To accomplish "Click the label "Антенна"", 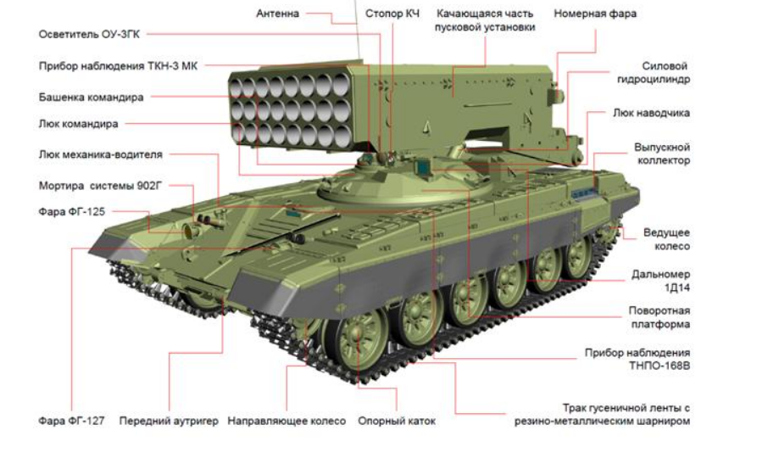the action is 277,14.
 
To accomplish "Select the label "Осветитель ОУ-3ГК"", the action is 89,34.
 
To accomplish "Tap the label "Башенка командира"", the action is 91,98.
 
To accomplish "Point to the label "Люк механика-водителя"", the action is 100,154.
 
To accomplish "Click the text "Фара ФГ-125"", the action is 71,212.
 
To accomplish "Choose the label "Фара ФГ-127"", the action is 71,421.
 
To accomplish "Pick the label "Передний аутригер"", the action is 169,421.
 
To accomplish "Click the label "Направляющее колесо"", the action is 287,421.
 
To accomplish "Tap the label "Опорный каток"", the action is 397,421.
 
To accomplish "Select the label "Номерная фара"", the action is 595,14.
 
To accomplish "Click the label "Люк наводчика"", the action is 651,113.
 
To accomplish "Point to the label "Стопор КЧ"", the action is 392,14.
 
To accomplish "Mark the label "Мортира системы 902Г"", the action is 100,186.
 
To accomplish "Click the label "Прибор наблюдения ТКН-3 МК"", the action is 118,66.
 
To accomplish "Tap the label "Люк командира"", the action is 79,124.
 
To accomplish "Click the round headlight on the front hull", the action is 189,230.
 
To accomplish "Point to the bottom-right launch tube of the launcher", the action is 342,136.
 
